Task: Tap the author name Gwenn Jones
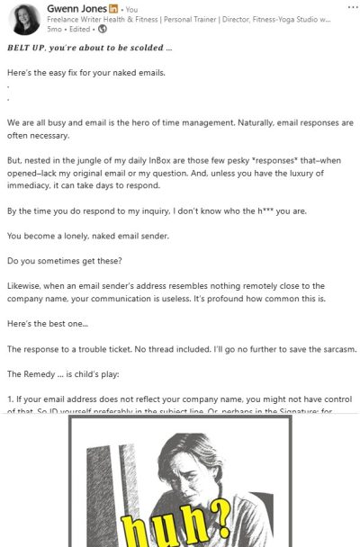[x=76, y=7]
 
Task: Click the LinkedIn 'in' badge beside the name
[x=112, y=7]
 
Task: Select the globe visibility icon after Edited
[x=102, y=29]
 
